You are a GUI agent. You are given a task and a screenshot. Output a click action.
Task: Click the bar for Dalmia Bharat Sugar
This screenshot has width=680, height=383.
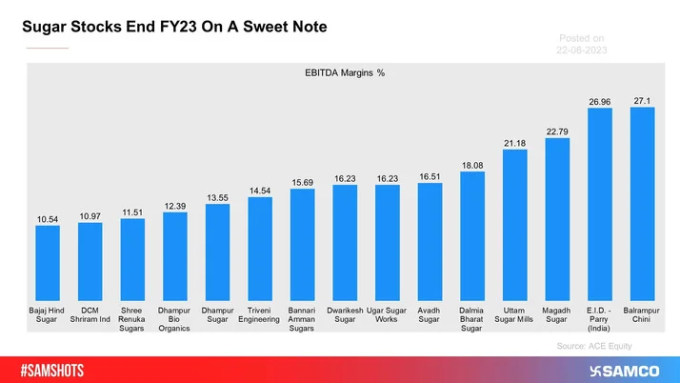[472, 234]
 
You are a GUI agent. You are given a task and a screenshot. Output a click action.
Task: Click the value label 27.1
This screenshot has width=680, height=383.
[643, 100]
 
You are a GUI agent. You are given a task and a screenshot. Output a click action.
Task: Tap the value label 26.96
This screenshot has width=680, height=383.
[600, 101]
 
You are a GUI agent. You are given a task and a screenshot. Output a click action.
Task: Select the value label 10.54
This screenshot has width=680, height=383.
[48, 219]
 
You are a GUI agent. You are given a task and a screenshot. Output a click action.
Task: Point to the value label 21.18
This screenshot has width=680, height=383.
[515, 143]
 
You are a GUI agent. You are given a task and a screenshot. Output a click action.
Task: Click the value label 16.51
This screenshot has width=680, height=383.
[430, 176]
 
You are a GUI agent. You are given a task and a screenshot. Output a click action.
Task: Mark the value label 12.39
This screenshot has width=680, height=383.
[175, 206]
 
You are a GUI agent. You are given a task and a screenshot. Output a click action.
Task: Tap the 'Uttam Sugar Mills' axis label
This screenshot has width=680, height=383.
[515, 314]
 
